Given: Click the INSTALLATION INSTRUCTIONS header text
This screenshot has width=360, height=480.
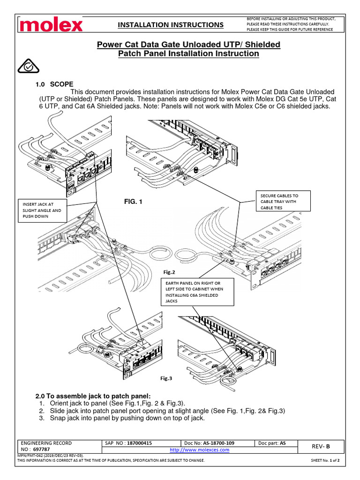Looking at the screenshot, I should (x=170, y=24).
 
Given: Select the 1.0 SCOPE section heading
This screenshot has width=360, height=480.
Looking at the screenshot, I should (x=54, y=84).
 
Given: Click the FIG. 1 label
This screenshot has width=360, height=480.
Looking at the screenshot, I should (x=133, y=202).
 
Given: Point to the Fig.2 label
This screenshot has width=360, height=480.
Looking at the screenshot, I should (x=169, y=272).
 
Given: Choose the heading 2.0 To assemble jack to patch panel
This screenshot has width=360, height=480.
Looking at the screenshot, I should (x=93, y=395).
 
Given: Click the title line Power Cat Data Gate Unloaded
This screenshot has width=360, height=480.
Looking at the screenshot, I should (x=188, y=45).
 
